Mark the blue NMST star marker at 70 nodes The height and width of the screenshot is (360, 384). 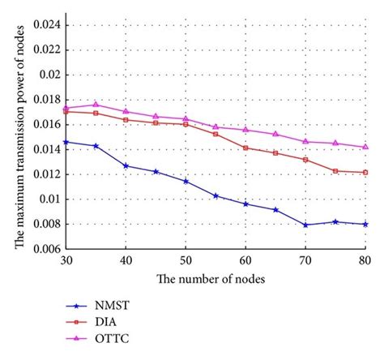305,225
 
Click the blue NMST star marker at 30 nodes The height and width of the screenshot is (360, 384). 66,142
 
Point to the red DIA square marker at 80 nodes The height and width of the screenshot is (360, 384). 365,172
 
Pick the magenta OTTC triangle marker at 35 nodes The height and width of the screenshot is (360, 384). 96,105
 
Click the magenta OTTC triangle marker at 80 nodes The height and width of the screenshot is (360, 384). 365,147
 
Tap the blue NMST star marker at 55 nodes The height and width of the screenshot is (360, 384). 215,195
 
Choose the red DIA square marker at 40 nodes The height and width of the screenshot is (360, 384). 126,119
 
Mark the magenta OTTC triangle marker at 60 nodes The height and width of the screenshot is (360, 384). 245,130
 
